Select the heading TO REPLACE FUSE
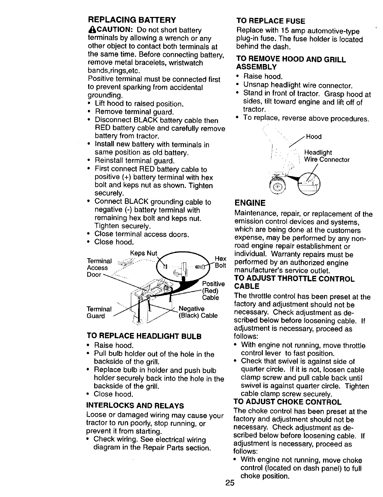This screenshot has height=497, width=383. pos(270,21)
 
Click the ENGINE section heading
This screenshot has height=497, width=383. pos(250,203)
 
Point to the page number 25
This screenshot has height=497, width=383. pos(230,492)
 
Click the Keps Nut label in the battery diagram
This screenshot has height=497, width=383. pos(143,253)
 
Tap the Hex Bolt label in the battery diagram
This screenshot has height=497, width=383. pos(220,262)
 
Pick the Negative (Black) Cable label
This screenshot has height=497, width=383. pos(198,312)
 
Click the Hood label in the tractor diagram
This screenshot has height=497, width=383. pos(314,136)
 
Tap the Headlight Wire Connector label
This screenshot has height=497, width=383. pos(326,156)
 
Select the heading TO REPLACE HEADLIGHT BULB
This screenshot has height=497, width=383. pos(144,336)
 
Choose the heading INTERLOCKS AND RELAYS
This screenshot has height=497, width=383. pos(135,406)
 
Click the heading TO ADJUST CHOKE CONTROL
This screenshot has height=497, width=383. pos(287,402)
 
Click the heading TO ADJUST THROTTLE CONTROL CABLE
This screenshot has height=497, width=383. pos(294,282)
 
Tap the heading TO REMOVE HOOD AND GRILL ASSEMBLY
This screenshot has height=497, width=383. pos(291,63)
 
